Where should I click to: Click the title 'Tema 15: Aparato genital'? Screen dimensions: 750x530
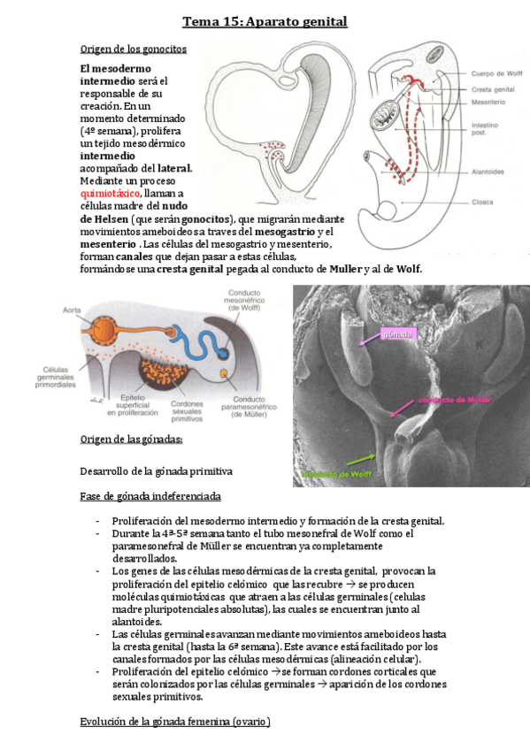click(265, 21)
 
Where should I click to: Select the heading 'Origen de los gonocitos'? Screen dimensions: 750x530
click(133, 49)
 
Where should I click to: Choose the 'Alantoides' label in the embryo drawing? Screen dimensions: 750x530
click(490, 172)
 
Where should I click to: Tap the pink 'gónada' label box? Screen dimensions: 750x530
click(394, 333)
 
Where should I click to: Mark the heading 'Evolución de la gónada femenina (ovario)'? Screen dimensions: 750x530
click(174, 722)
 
